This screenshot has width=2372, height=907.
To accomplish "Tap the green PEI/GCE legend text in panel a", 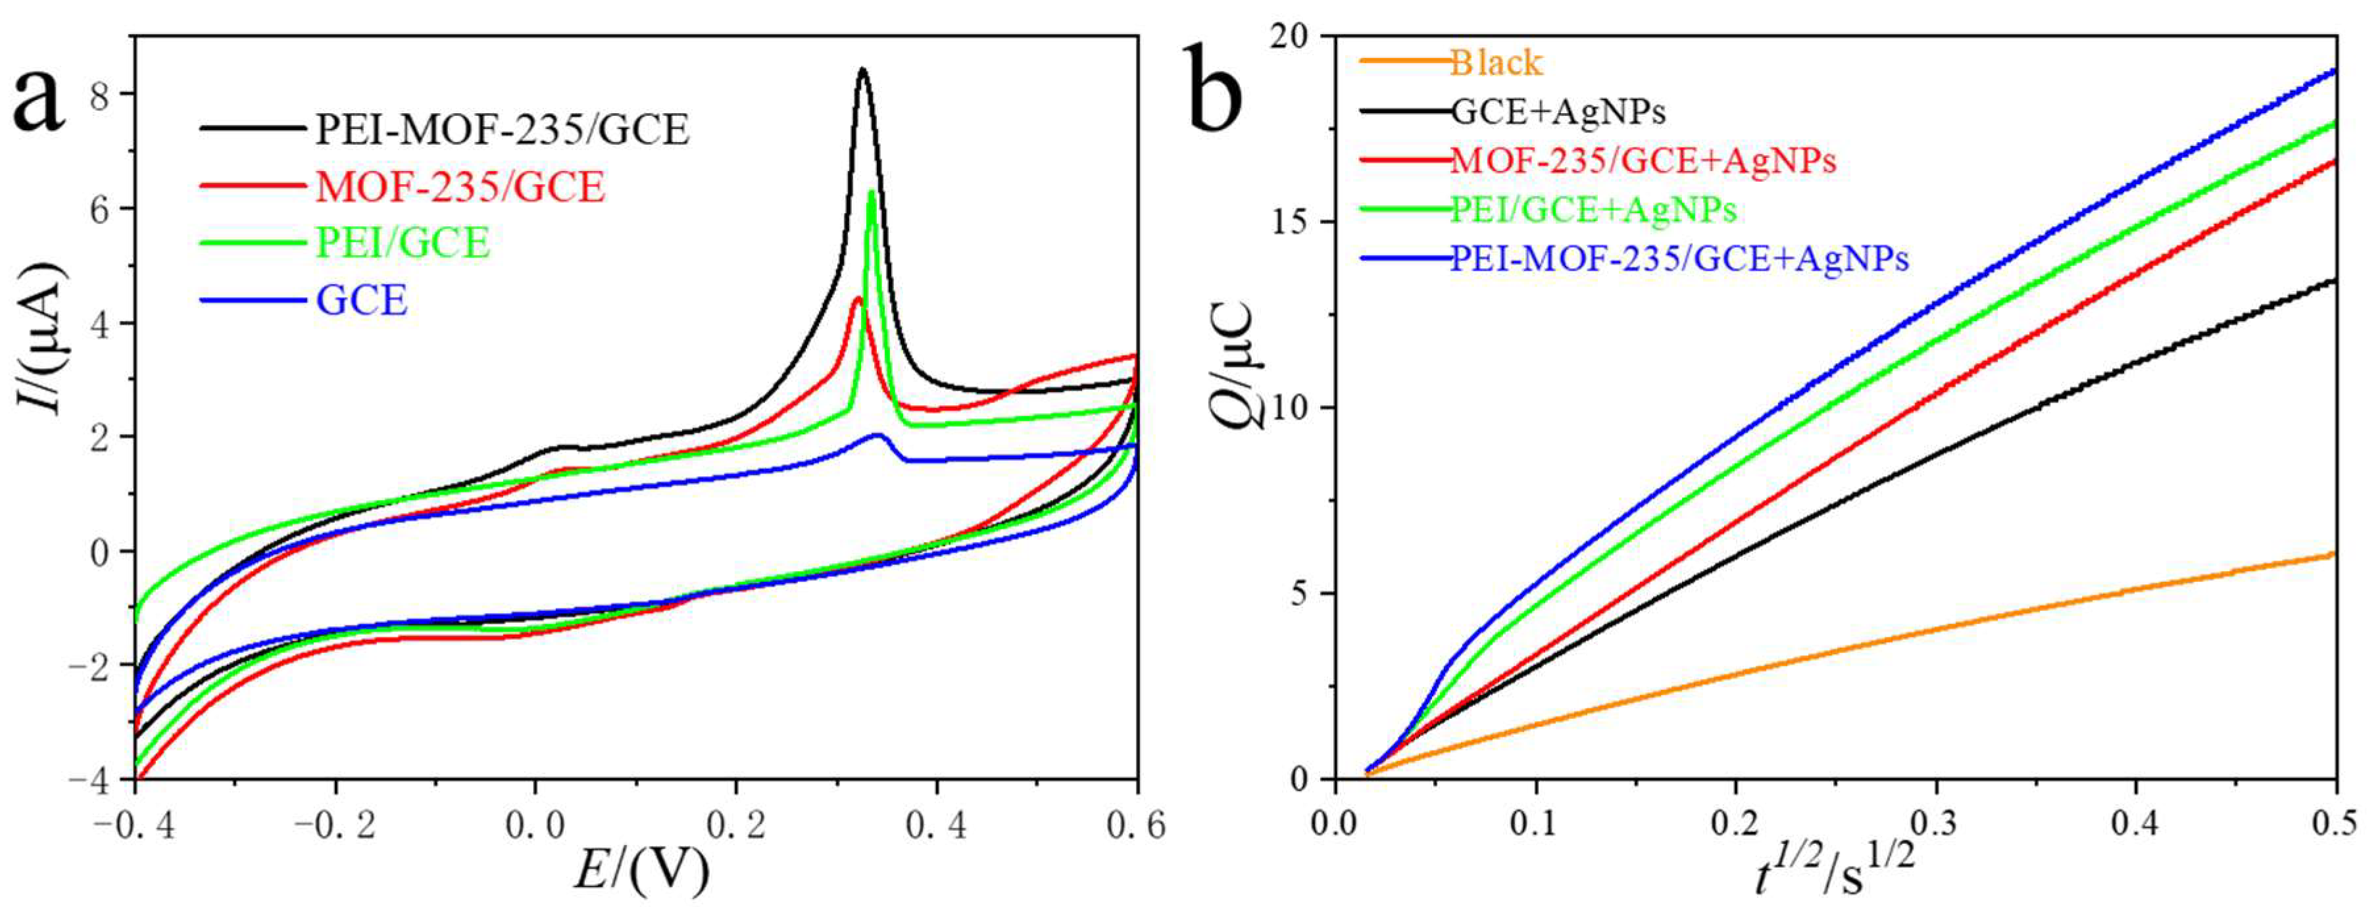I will click(403, 243).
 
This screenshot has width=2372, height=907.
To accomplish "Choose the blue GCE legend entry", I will click(362, 300).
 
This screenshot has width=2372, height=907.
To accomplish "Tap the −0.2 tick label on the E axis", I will click(334, 826).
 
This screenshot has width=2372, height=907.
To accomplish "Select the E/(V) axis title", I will click(642, 870).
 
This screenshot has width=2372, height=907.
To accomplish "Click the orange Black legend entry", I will click(1495, 62).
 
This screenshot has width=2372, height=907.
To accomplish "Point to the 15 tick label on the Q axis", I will click(1293, 222).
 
